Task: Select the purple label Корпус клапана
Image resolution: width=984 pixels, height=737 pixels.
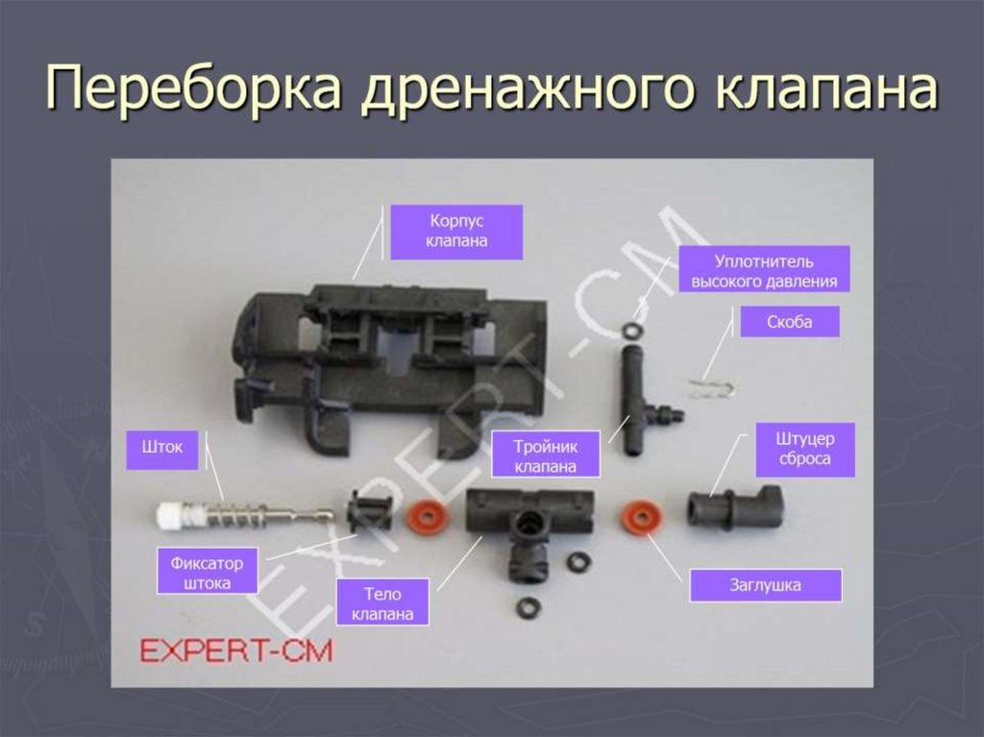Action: coord(456,232)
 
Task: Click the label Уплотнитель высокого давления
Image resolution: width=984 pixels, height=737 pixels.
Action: coord(765,272)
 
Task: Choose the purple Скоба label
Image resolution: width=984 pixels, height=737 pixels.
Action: coord(790,322)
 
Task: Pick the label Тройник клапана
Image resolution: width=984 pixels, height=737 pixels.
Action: coord(545,454)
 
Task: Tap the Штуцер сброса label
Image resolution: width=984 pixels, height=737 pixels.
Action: coord(803,450)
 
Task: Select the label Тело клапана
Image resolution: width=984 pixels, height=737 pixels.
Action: coord(382,603)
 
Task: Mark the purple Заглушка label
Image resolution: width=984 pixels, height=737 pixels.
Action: coord(765,584)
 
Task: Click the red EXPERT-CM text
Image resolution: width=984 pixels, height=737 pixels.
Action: coord(236,651)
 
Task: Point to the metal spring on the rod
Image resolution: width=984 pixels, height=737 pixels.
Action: coord(236,515)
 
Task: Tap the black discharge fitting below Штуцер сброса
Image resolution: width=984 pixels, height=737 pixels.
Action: coord(734,506)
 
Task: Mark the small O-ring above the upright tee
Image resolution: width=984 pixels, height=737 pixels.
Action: coord(631,331)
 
